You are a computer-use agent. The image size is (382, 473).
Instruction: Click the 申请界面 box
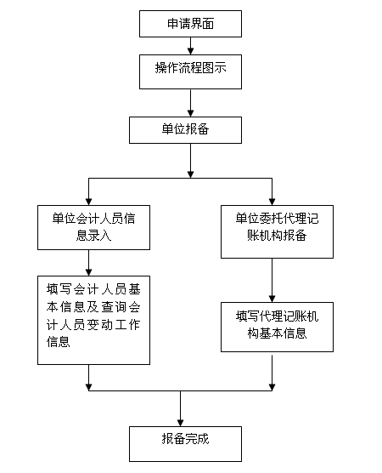pos(190,24)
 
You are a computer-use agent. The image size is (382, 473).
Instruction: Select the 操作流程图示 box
pos(190,71)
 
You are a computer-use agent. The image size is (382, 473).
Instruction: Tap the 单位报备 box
pos(185,130)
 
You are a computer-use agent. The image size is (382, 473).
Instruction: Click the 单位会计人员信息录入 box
pos(93,227)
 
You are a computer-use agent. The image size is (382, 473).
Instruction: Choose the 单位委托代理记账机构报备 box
pos(277,231)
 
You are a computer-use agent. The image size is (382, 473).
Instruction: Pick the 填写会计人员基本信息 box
pos(93,320)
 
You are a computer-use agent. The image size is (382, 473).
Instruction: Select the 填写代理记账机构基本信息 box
pos(277,327)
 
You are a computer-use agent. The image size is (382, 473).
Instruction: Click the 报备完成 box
pos(185,444)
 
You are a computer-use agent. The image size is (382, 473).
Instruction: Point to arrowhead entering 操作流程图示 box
pos(190,51)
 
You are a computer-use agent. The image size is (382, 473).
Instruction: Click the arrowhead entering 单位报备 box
pos(190,113)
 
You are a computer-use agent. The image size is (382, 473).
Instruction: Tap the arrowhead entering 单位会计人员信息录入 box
pos(88,202)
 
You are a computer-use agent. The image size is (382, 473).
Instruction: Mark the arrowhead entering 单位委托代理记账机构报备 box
pos(272,202)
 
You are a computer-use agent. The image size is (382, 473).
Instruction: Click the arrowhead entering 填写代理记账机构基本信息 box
pos(272,299)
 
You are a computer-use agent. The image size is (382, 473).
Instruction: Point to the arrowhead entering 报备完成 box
pos(180,423)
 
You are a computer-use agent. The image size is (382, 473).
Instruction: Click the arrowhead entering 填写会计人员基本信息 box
pos(88,272)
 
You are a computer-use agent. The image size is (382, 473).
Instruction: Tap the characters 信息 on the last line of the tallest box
pos(59,342)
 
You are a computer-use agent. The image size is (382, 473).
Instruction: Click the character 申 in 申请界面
pos(173,24)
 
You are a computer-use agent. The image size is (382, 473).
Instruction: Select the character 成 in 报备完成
pos(203,439)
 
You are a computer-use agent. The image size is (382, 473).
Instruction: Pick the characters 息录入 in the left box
pos(93,236)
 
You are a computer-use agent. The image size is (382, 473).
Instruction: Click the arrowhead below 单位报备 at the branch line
pos(190,174)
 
